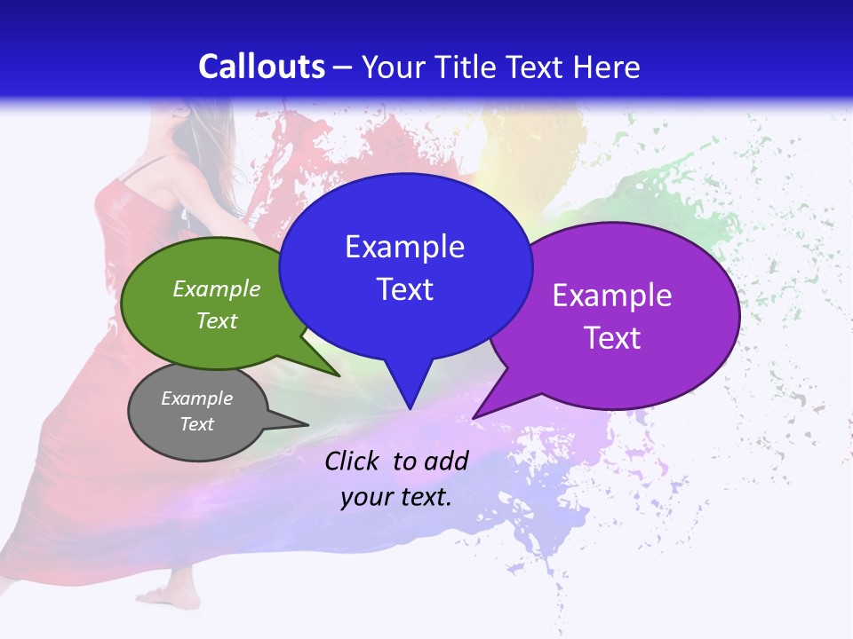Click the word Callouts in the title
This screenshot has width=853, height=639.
click(x=262, y=67)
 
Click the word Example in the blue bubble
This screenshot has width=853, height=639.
click(x=404, y=247)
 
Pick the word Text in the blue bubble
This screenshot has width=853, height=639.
click(x=404, y=289)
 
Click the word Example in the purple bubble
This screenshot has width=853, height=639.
click(x=612, y=296)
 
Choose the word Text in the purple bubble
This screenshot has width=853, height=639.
click(x=612, y=338)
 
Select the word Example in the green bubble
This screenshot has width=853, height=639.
click(x=217, y=288)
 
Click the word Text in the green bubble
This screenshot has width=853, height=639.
click(x=217, y=320)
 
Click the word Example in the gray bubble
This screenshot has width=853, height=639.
click(x=196, y=398)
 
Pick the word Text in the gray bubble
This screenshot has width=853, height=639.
click(x=196, y=424)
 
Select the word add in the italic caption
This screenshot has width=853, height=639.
click(x=447, y=460)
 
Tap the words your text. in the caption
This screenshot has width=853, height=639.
click(x=396, y=497)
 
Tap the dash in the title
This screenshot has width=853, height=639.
click(x=344, y=67)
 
